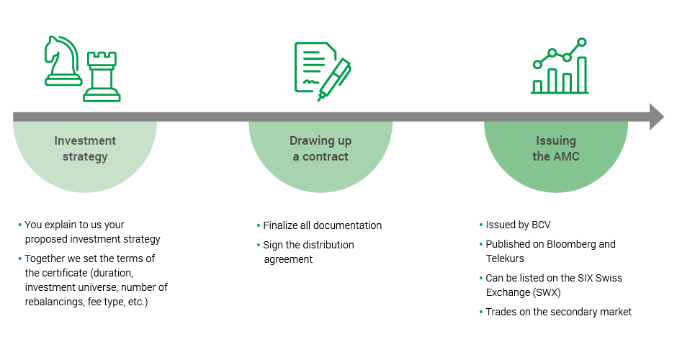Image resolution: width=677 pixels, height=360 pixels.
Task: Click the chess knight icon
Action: click(x=61, y=62)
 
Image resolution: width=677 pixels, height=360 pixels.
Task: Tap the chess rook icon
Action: click(x=102, y=76)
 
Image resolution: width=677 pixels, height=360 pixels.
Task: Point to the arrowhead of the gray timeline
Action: click(x=656, y=117)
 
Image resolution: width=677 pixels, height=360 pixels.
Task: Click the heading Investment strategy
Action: click(x=85, y=148)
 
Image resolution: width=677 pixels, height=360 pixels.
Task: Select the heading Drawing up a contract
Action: click(x=320, y=148)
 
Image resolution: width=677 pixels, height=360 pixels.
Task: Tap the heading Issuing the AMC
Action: click(x=555, y=148)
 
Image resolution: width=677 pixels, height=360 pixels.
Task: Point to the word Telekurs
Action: click(x=505, y=258)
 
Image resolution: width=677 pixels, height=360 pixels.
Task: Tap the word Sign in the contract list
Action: click(x=273, y=245)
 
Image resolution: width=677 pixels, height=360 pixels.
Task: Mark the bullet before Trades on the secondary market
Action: click(x=480, y=312)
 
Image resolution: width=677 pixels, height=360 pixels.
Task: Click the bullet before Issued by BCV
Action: click(x=480, y=225)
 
